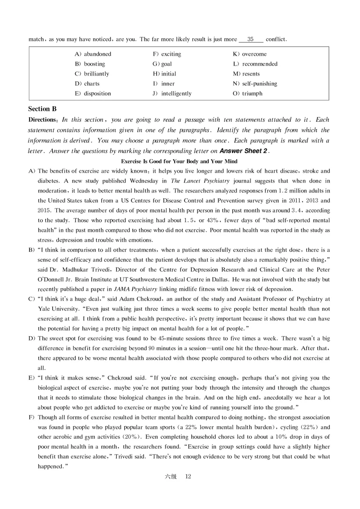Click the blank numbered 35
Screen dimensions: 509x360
pos(251,39)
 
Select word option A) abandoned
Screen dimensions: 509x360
pos(93,54)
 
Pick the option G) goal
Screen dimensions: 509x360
pos(162,64)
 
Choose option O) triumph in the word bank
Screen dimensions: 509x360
pos(247,94)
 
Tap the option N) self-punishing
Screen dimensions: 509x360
pos(255,84)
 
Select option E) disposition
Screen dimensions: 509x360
pos(93,94)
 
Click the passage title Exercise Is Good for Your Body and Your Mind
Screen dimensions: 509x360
pos(180,161)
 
